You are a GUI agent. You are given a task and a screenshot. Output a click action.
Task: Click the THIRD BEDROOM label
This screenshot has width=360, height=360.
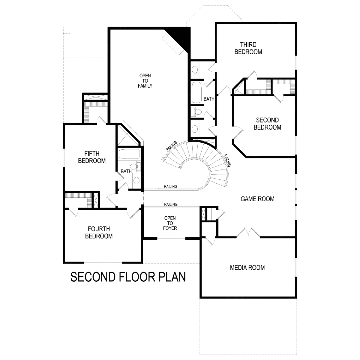[248, 48]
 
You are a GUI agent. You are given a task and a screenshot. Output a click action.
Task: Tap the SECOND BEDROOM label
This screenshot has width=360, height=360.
[267, 124]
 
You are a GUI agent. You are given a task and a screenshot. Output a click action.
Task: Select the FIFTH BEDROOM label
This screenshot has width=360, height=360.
[92, 157]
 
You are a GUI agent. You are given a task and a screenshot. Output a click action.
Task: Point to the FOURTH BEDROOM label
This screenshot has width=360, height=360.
[99, 232]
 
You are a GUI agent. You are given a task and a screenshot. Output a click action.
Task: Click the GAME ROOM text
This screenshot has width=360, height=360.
[257, 199]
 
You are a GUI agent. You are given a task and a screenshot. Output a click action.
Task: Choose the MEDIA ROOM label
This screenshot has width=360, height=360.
[247, 268]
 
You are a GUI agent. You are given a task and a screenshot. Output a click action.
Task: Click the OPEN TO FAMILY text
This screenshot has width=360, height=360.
[145, 81]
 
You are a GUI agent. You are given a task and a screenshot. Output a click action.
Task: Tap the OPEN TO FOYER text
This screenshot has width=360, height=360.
[170, 223]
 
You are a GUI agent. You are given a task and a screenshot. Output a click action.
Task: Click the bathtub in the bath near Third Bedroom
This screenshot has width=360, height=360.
[197, 92]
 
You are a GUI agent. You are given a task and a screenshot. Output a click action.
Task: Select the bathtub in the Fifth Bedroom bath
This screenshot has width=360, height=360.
[129, 154]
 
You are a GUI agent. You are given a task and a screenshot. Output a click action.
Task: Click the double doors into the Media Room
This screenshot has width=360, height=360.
[248, 233]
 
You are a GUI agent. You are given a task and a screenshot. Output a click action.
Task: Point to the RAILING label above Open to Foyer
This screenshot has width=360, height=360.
[171, 204]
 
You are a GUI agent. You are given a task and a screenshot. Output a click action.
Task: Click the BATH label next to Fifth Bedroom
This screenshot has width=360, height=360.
[126, 171]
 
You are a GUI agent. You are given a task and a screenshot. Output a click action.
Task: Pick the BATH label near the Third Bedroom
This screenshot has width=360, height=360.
[209, 99]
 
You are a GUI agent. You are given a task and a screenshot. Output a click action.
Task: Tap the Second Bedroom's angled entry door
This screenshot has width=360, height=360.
[238, 132]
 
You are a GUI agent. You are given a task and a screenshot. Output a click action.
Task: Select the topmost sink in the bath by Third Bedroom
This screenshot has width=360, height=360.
[195, 70]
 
